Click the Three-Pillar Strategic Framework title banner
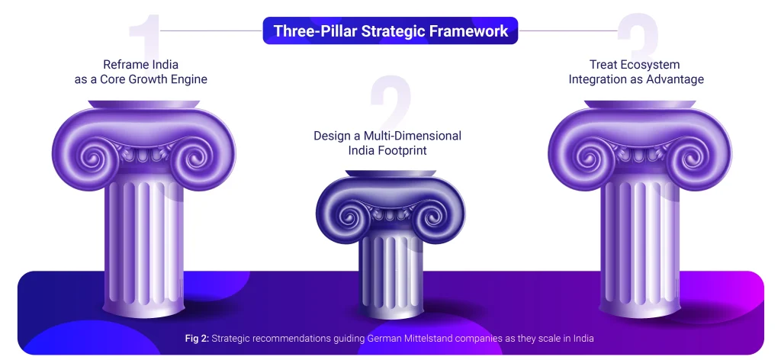pyautogui.click(x=390, y=31)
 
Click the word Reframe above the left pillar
pyautogui.click(x=123, y=65)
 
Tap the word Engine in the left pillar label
pyautogui.click(x=189, y=79)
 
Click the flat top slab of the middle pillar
pyautogui.click(x=390, y=173)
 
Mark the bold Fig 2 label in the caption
pyautogui.click(x=198, y=339)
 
